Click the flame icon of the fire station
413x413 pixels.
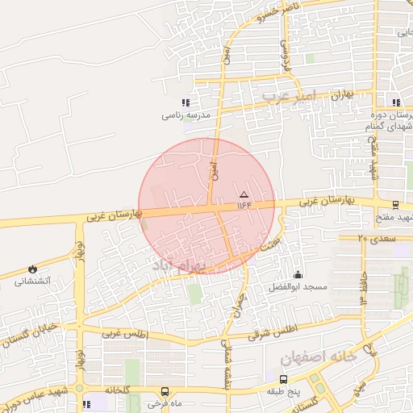click(31, 268)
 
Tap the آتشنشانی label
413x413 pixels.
click(33, 281)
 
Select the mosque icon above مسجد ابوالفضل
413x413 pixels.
click(298, 274)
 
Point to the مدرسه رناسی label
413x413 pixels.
click(186, 115)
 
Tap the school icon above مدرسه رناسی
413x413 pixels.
click(186, 102)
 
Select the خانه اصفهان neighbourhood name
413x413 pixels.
click(318, 357)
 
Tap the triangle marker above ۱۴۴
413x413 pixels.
click(244, 194)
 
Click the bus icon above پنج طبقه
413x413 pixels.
click(283, 378)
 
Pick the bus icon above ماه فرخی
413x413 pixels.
click(165, 391)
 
